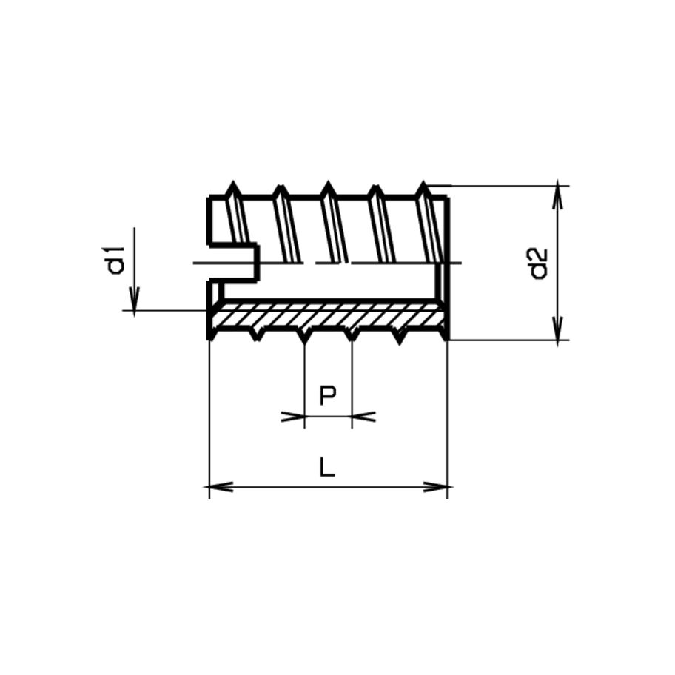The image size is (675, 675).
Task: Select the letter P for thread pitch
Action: coord(328,395)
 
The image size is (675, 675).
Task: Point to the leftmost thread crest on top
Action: coord(234,186)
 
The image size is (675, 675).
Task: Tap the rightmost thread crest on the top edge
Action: coord(423,185)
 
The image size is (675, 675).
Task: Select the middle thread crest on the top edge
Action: coord(328,186)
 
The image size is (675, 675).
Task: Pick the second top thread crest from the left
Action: coord(281,187)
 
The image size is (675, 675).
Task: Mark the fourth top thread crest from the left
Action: coord(376,187)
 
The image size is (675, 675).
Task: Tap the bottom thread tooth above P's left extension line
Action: coord(304,337)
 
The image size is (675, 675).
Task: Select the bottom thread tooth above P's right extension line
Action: coord(352,337)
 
